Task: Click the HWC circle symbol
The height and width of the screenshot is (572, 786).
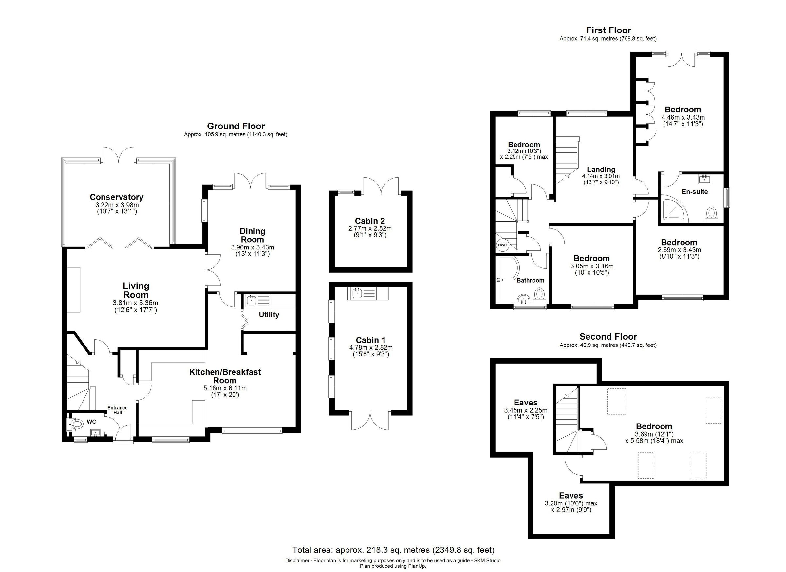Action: click(502, 245)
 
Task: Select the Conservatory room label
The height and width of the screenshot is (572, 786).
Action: click(117, 197)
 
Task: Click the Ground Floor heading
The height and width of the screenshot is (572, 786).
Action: click(236, 126)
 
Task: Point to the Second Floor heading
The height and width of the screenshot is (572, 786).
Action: click(608, 336)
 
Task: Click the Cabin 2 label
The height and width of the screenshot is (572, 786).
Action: click(370, 221)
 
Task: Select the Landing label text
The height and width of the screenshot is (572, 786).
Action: click(601, 169)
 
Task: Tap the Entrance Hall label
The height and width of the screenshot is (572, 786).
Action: click(118, 410)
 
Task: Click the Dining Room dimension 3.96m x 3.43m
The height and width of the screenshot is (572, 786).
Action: click(252, 247)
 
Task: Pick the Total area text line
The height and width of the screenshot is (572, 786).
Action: click(393, 550)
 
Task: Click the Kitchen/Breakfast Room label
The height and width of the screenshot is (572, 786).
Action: click(225, 376)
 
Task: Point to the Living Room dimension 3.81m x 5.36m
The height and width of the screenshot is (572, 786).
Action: click(136, 303)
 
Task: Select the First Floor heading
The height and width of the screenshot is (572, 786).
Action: click(608, 30)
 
